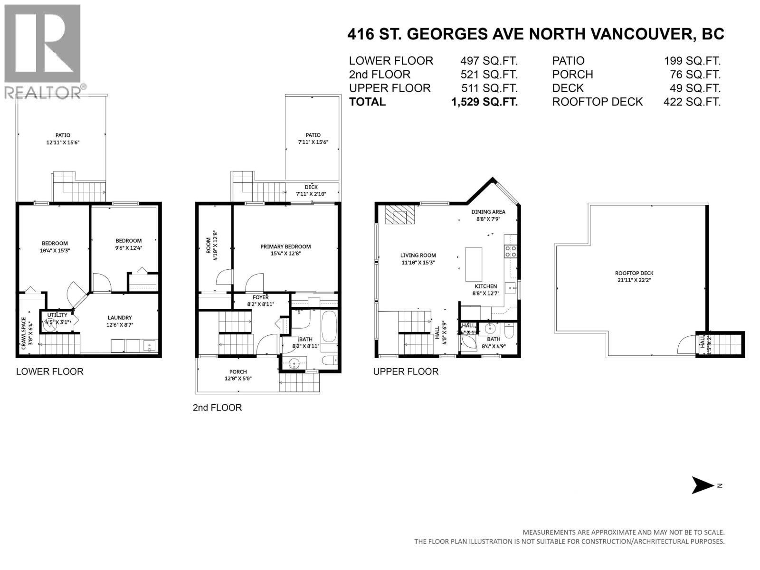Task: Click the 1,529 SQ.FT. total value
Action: (x=484, y=102)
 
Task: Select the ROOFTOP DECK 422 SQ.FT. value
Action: (x=692, y=102)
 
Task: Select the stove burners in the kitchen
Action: (x=510, y=251)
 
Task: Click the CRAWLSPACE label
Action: (x=24, y=333)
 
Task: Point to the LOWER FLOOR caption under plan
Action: (x=50, y=371)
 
